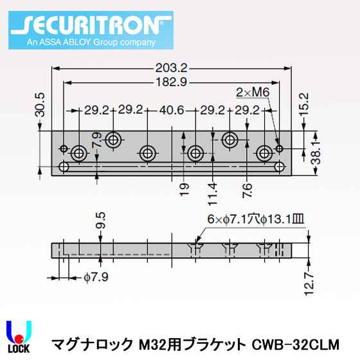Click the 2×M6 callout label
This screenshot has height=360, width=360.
(x=252, y=93)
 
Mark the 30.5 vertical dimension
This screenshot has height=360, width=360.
(x=40, y=104)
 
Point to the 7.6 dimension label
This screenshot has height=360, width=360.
(x=248, y=189)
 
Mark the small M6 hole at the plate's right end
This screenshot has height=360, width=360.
(x=279, y=149)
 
